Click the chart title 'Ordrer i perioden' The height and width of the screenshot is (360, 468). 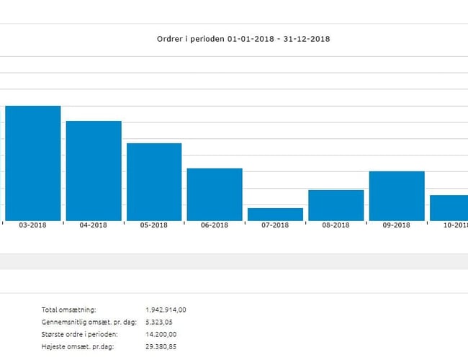[243, 38]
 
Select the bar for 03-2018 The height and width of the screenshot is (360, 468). [33, 163]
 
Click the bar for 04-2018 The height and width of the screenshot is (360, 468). [94, 171]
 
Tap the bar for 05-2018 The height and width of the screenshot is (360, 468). [154, 182]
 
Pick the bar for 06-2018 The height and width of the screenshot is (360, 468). [215, 194]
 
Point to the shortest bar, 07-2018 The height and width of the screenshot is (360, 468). [275, 215]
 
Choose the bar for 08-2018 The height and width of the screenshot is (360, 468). [336, 205]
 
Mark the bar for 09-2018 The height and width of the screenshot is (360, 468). [397, 196]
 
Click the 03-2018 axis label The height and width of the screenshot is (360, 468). [33, 225]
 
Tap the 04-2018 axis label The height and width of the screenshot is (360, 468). [94, 225]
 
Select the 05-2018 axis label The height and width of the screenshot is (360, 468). [154, 225]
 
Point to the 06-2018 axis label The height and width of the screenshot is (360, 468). [215, 225]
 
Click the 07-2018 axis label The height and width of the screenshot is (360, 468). [275, 225]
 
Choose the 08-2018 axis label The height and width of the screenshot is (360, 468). [336, 225]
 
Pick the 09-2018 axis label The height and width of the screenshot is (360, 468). [397, 225]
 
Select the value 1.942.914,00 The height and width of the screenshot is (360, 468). [166, 310]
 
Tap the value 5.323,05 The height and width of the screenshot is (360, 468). [160, 322]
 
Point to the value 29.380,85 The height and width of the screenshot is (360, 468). [161, 346]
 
